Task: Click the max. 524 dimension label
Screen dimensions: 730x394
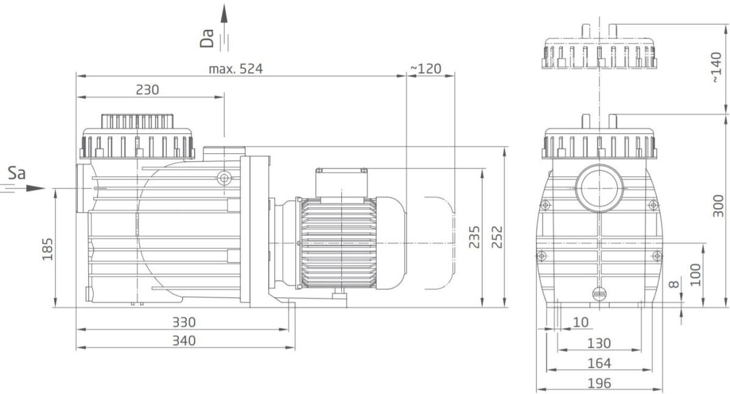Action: point(235,69)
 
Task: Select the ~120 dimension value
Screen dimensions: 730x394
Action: point(426,69)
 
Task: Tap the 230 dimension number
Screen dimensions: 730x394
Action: point(147,90)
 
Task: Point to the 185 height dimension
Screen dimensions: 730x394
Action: point(47,249)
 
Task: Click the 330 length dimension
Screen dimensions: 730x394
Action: point(184,322)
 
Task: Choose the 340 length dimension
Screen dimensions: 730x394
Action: point(184,340)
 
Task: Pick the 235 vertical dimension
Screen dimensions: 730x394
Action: point(474,237)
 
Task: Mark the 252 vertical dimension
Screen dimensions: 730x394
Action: point(497,237)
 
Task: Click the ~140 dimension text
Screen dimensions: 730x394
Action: point(717,67)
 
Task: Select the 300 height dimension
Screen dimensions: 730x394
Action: point(718,206)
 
